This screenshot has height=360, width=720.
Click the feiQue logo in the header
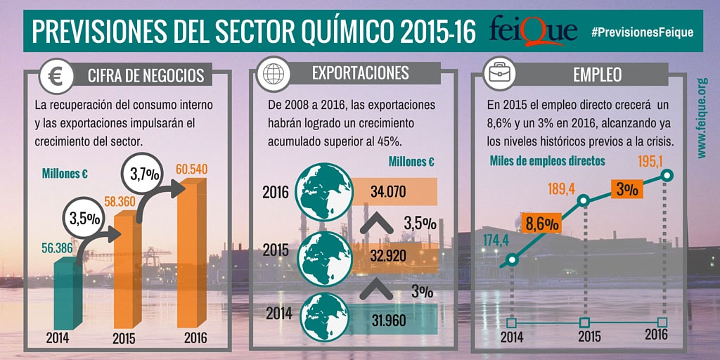click(x=534, y=32)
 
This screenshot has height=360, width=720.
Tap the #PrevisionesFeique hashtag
click(x=642, y=32)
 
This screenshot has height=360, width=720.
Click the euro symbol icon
click(x=56, y=75)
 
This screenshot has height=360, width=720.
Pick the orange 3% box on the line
click(x=627, y=189)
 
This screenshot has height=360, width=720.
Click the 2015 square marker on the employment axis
click(x=584, y=323)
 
